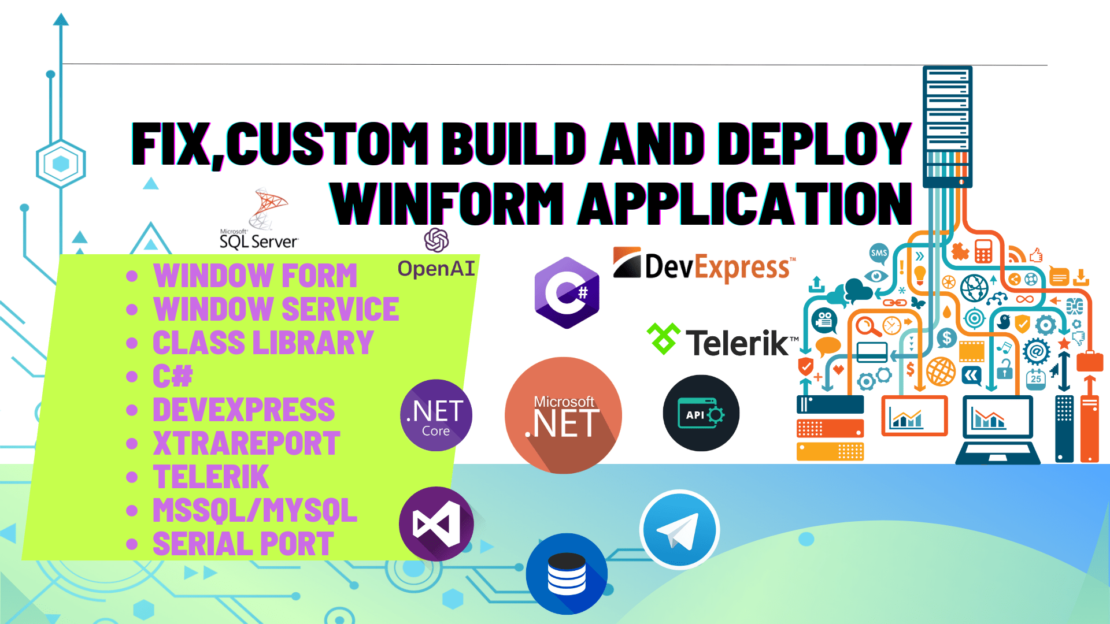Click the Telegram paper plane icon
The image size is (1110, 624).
(x=679, y=530)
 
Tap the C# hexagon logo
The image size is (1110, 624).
(x=567, y=293)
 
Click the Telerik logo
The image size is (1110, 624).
(x=723, y=341)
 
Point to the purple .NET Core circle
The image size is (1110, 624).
(x=436, y=415)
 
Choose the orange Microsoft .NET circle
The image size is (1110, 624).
(x=563, y=415)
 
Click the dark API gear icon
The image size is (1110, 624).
(x=701, y=413)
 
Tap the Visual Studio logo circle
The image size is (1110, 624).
(x=436, y=523)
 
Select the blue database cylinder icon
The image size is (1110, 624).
(x=567, y=573)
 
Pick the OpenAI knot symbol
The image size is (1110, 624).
(x=436, y=240)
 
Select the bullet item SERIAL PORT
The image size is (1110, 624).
(x=243, y=544)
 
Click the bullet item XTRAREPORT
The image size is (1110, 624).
(x=246, y=444)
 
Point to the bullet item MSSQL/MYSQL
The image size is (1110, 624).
(x=254, y=510)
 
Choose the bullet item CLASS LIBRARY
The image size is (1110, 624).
(x=263, y=343)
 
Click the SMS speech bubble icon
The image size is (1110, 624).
(x=879, y=253)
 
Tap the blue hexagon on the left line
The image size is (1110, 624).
(x=61, y=164)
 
